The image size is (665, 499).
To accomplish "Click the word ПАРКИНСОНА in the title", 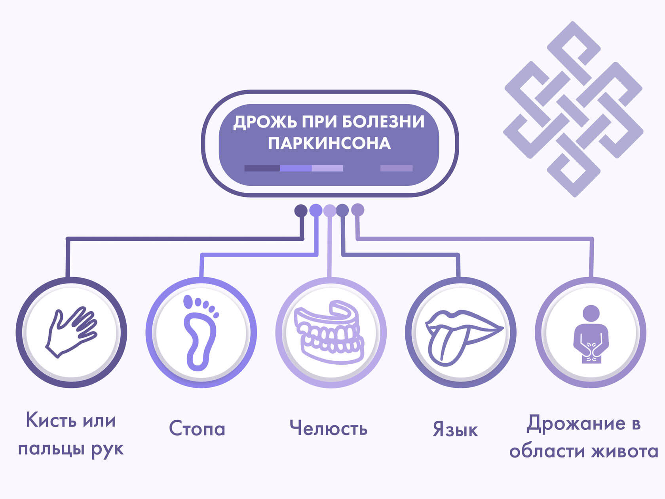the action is click(x=329, y=143).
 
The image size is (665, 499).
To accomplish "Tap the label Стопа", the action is click(x=197, y=429).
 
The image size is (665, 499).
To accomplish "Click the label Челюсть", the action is click(x=329, y=428).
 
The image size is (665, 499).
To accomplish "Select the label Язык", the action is click(x=455, y=430).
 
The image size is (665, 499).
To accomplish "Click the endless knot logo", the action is click(x=573, y=109).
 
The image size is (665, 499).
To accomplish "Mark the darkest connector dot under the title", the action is click(x=301, y=210).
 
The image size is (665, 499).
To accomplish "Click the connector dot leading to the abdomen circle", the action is click(x=357, y=210).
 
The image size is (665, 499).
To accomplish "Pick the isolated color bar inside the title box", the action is click(x=396, y=168).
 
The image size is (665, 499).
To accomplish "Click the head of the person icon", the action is click(x=591, y=313).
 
